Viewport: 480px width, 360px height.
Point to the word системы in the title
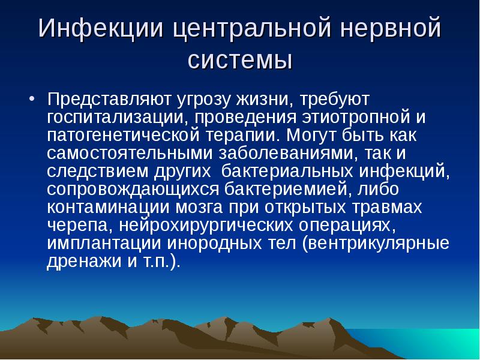[240, 60]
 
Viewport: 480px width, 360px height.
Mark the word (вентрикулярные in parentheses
[368, 243]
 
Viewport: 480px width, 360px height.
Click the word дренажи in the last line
[76, 261]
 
